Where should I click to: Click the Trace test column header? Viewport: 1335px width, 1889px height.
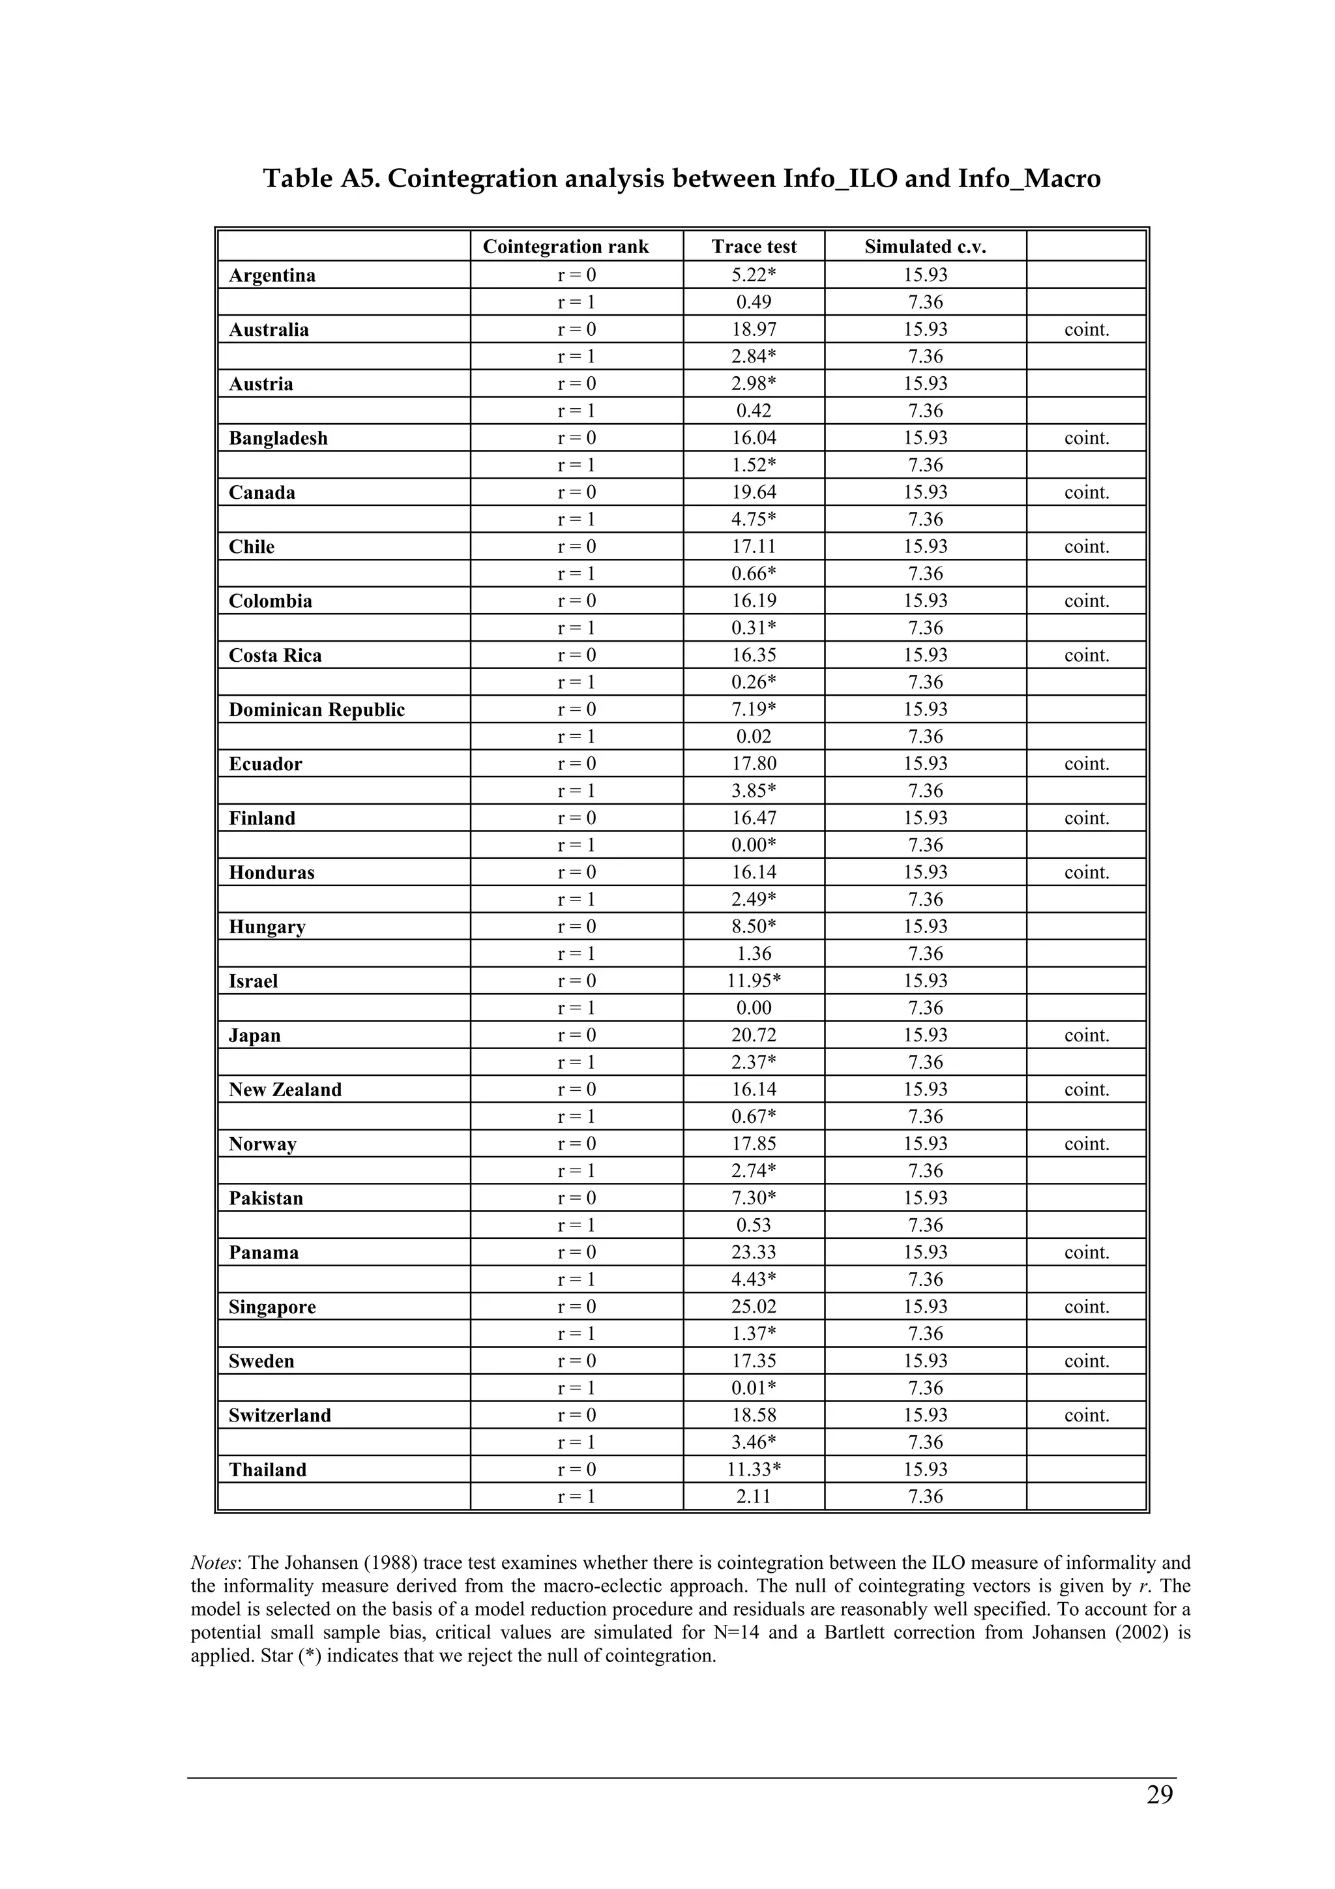coord(754,247)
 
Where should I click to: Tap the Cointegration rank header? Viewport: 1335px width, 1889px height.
coord(565,247)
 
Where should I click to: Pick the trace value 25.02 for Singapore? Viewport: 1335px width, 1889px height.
coord(754,1307)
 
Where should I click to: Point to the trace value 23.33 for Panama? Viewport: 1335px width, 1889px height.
coord(754,1252)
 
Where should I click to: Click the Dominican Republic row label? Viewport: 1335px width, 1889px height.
coord(317,710)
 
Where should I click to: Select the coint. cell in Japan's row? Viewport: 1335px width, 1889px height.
coord(1086,1035)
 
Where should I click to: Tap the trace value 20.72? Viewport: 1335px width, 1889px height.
coord(754,1035)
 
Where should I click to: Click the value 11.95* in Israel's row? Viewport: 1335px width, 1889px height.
coord(754,981)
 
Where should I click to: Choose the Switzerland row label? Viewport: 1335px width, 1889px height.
coord(280,1415)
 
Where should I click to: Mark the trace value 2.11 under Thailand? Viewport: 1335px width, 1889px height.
coord(754,1496)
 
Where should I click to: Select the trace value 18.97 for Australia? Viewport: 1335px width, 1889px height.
coord(754,330)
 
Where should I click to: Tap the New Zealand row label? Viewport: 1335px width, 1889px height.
coord(285,1090)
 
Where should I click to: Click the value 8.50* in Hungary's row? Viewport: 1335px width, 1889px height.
coord(754,927)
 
